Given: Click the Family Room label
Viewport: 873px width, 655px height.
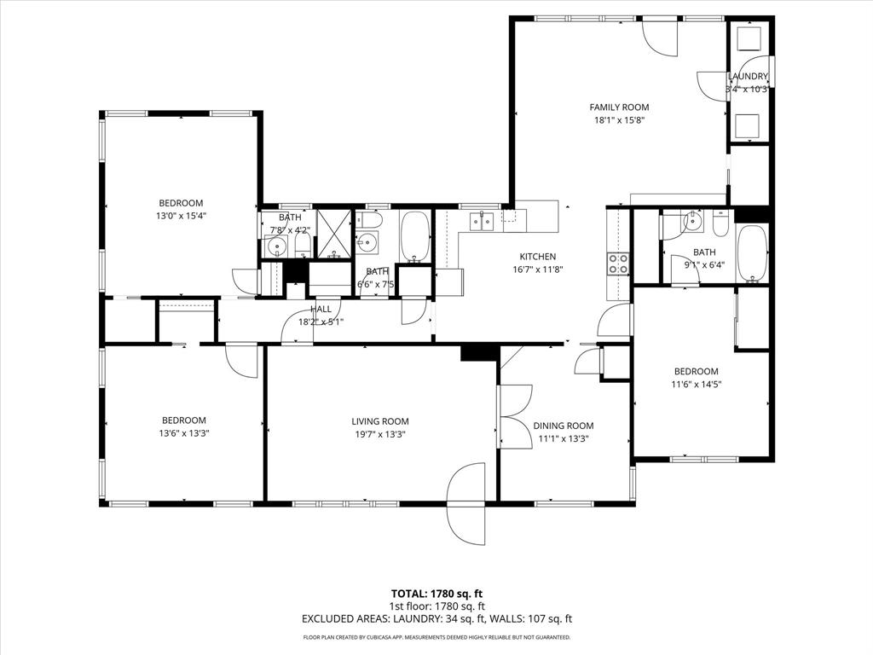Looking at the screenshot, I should click(x=619, y=107).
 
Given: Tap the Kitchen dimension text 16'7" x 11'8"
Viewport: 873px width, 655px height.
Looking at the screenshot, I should click(x=538, y=270).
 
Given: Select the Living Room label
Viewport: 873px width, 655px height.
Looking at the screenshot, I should click(x=379, y=421).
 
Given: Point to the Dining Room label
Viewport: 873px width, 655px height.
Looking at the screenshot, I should click(x=563, y=426).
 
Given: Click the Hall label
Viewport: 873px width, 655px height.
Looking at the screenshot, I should click(x=321, y=310).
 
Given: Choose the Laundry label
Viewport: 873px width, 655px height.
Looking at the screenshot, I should click(x=748, y=77).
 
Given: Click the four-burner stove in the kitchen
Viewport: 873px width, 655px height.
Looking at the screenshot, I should click(x=617, y=264).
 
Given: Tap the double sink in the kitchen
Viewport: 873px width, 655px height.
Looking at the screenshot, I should click(x=482, y=222).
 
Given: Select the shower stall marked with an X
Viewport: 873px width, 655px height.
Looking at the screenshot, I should click(x=334, y=233).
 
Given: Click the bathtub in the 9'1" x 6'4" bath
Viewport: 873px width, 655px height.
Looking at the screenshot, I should click(x=753, y=253).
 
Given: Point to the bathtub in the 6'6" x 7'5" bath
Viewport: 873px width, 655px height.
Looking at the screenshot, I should click(x=415, y=237).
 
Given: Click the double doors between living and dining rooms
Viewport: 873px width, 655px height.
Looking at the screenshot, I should click(x=514, y=415).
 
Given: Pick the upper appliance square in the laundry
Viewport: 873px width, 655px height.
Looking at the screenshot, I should click(x=749, y=40).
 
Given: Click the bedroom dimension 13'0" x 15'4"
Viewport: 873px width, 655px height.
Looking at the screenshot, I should click(x=181, y=217).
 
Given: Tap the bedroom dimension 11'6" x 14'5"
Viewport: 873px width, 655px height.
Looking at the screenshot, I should click(x=696, y=385).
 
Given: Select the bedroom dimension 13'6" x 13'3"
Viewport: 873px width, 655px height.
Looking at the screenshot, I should click(x=184, y=433).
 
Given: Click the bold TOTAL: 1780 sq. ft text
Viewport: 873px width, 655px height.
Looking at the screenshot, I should click(x=436, y=594).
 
